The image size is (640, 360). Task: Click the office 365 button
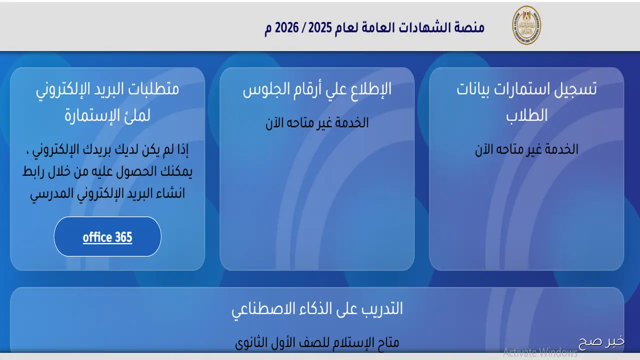coord(107,237)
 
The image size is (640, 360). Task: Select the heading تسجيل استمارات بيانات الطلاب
coord(526,102)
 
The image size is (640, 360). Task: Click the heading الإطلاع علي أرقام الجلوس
coord(317,90)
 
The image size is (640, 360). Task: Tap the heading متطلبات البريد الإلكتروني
coord(107,90)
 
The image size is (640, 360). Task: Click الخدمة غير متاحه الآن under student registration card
coord(526,149)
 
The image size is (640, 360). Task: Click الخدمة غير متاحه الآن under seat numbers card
coord(317,123)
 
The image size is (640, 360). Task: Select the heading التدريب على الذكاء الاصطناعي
coord(317,308)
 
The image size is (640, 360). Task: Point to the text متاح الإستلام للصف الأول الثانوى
coord(317,342)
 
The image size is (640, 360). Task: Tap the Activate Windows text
coord(540,353)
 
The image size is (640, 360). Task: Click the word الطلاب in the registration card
coord(526,115)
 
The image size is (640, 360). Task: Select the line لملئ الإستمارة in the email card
coord(107,116)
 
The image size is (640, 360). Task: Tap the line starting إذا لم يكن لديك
coord(107,150)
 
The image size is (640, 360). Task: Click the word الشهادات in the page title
coord(420,27)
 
